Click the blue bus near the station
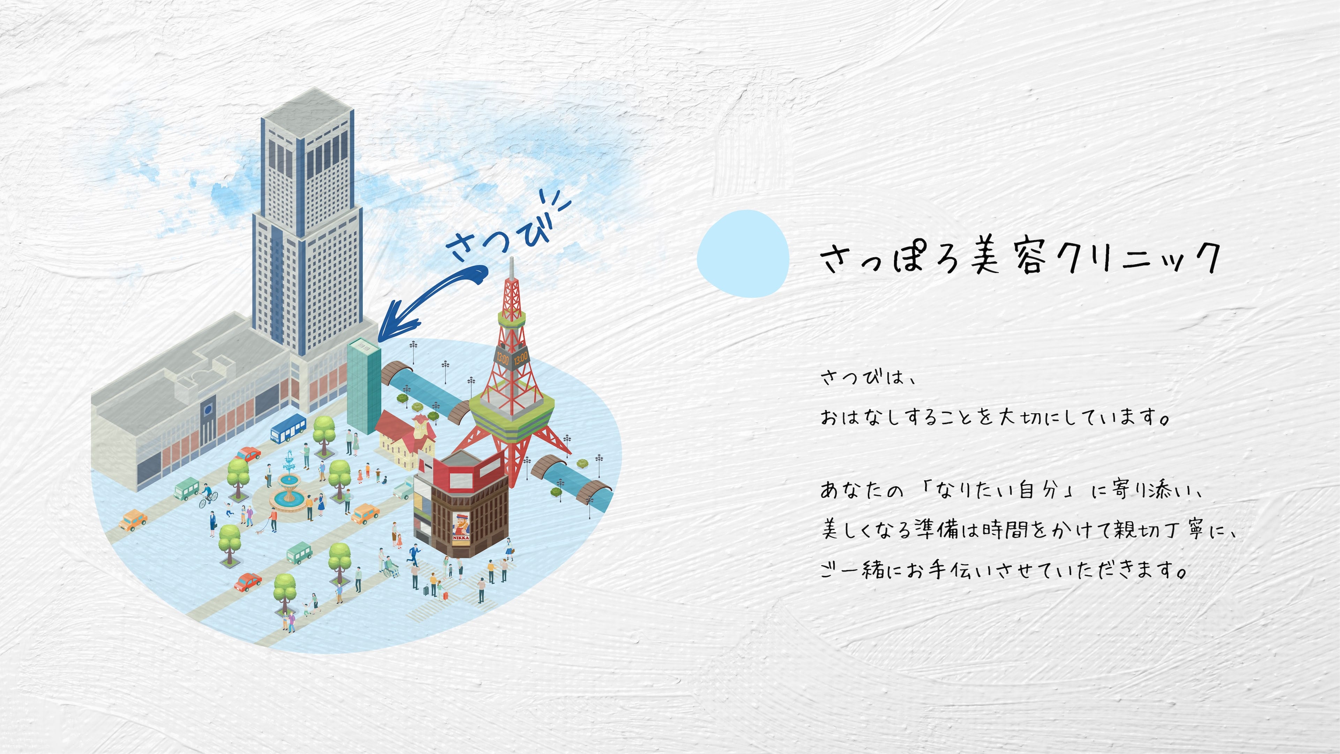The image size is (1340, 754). pos(288,428)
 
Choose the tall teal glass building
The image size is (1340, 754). pos(364,385)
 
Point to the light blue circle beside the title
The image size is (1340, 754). pos(743,253)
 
